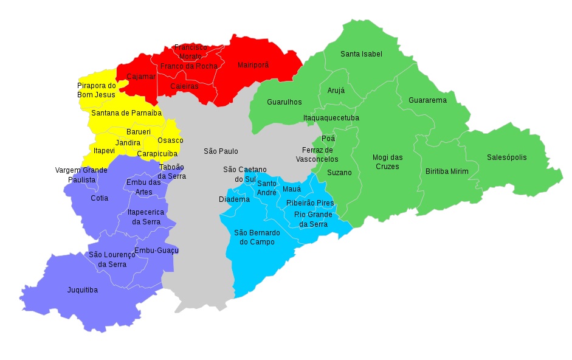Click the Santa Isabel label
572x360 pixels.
(x=361, y=54)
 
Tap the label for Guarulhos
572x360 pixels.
(x=284, y=102)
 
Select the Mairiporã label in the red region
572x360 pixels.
(x=253, y=64)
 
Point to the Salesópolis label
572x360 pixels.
(x=506, y=157)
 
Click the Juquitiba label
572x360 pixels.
(x=82, y=290)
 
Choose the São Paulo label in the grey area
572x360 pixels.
(x=221, y=151)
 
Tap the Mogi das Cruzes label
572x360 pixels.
(x=387, y=162)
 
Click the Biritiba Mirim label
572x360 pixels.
(x=447, y=171)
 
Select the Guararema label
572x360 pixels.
(x=427, y=100)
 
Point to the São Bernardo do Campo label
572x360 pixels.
(x=257, y=237)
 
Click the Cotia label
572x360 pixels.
(x=99, y=198)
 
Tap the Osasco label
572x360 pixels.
(x=170, y=140)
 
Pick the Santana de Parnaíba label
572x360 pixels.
(x=126, y=112)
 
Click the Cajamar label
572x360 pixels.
(x=140, y=77)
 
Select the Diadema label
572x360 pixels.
(x=234, y=199)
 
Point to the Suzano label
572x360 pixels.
(x=339, y=172)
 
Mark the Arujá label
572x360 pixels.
(x=336, y=90)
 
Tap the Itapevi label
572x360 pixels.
(x=104, y=150)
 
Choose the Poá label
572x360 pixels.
(x=328, y=138)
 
